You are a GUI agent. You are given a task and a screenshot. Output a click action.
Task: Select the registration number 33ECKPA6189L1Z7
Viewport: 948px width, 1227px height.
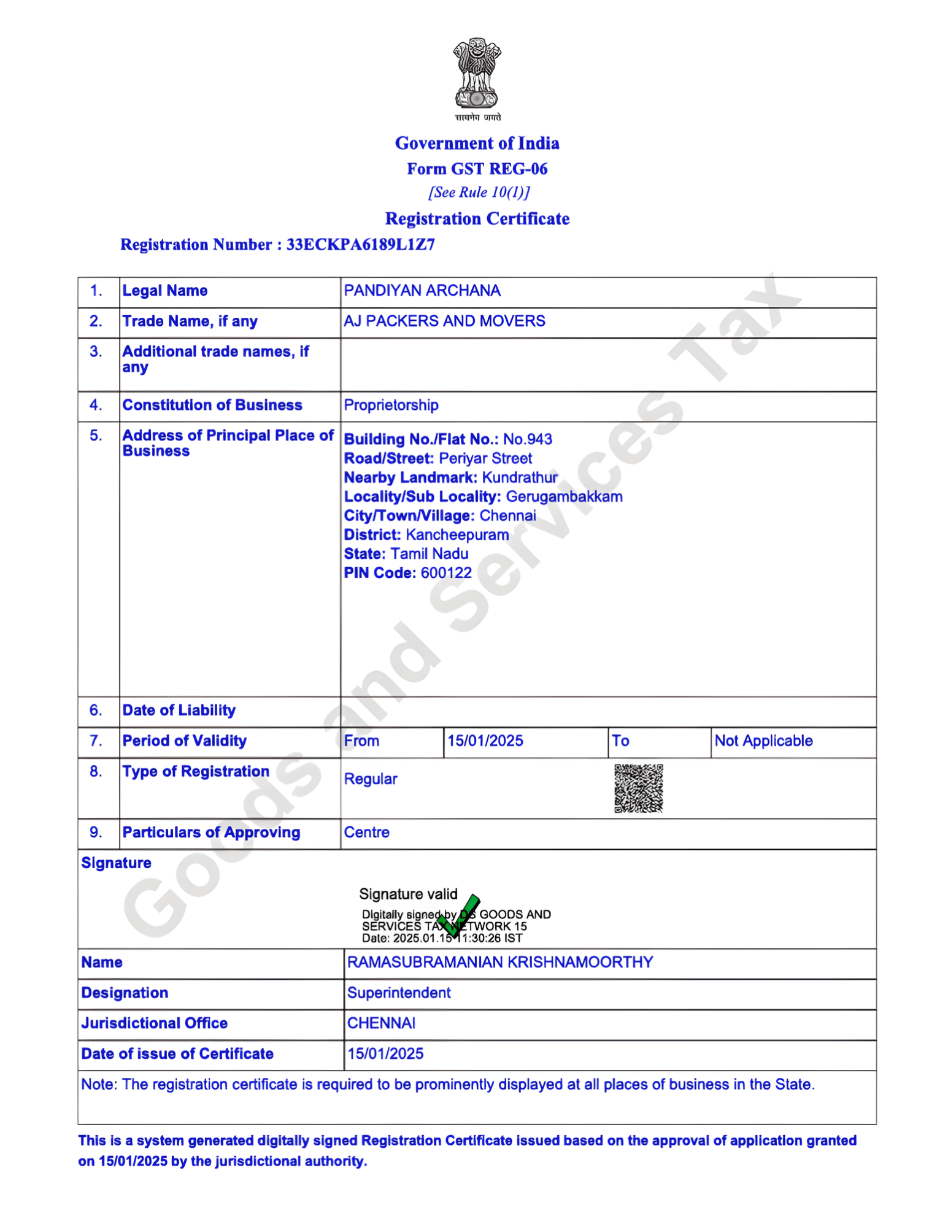tap(360, 245)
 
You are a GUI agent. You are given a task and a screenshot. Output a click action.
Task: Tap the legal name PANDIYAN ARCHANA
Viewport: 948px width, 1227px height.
tap(422, 291)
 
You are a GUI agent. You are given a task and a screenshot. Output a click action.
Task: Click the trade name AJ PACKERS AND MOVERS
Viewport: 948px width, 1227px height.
tap(444, 321)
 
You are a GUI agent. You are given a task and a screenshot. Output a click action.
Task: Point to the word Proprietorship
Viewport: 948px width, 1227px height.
tap(391, 405)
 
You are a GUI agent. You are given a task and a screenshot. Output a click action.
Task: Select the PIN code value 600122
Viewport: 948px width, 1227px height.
tap(446, 573)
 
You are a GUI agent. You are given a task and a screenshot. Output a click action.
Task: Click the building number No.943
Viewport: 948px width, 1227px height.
tap(527, 439)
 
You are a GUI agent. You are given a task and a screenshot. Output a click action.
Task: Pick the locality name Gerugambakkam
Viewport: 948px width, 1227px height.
tap(563, 496)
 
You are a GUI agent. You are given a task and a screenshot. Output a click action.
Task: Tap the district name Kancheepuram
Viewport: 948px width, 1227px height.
tap(457, 534)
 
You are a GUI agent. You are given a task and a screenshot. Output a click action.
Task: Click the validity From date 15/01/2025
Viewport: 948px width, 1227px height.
tap(485, 741)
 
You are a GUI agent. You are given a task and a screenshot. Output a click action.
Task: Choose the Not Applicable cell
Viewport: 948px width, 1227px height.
tap(763, 741)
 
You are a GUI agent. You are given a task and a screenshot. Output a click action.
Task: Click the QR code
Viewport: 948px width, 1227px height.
tap(638, 788)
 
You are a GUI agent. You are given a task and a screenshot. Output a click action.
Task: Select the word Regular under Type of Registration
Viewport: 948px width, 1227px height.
tap(370, 779)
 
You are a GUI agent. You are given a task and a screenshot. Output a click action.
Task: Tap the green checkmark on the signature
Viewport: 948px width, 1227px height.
tap(459, 915)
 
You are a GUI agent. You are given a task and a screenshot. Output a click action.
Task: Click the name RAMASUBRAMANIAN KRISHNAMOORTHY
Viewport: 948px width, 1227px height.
tap(499, 962)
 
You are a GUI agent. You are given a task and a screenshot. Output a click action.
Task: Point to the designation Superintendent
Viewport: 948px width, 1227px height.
tap(399, 993)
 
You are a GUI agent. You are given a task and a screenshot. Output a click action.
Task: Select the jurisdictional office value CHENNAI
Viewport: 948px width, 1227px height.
tap(381, 1023)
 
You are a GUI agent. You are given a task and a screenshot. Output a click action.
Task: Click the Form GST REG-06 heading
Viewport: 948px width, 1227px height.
tap(477, 169)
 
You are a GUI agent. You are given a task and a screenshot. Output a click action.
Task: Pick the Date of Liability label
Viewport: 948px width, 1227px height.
tap(179, 710)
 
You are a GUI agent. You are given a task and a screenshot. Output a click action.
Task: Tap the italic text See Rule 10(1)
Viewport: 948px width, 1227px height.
tap(479, 193)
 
